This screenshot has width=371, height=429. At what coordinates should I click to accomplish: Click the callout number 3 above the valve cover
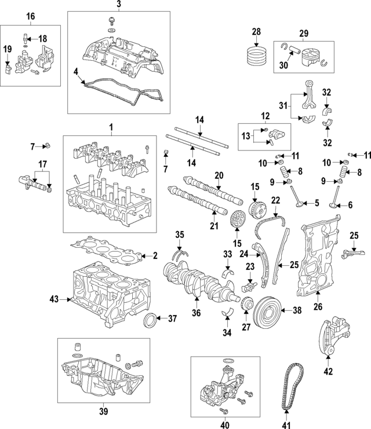point(118,5)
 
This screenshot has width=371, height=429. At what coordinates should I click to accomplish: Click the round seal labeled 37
point(151,319)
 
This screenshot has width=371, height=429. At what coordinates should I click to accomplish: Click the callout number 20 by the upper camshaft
point(219,175)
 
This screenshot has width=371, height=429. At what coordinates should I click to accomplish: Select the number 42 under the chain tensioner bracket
point(328,371)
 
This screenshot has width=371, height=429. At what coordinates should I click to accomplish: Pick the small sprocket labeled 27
point(246,303)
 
